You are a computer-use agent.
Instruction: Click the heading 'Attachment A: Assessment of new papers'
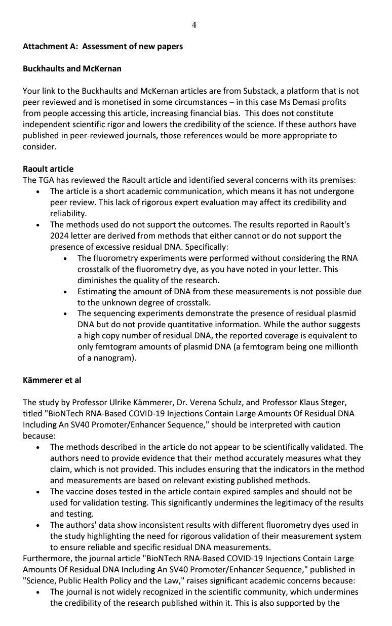pos(103,47)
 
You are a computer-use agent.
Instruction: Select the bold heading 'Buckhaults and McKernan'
pos(71,69)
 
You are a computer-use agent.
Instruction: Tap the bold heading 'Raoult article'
pos(49,169)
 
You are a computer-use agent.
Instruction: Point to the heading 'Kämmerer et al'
pos(52,380)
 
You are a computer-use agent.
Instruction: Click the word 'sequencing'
pos(113,314)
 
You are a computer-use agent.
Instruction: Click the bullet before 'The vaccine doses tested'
pos(40,492)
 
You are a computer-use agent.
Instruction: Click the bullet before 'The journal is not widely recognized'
pos(40,592)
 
